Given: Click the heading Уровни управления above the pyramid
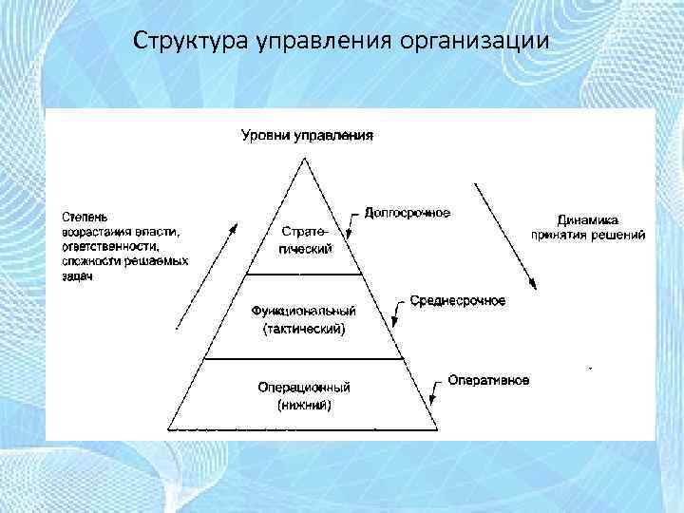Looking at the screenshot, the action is click(306, 134).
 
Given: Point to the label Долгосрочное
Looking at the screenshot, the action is click(408, 212).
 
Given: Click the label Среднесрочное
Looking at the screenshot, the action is click(458, 300).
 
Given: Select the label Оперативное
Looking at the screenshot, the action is click(489, 380).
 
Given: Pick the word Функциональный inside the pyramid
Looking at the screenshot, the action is click(304, 311).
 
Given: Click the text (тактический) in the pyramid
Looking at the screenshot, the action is click(304, 329).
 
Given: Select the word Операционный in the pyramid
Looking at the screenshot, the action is click(304, 388).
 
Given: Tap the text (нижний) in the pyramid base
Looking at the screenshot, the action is click(304, 405).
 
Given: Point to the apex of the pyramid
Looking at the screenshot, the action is click(304, 158).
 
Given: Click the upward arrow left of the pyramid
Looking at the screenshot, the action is click(202, 275).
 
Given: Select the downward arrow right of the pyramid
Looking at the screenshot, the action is click(504, 236).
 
